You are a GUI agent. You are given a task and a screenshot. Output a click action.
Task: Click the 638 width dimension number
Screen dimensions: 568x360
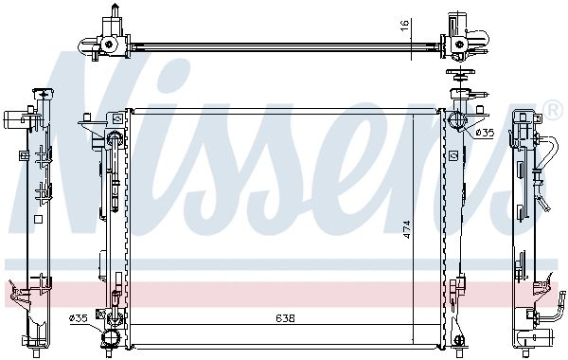point(285,318)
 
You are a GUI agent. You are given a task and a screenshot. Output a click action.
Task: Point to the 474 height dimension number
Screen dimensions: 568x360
point(406,229)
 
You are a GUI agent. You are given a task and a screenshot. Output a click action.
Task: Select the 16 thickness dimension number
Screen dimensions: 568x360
point(404,24)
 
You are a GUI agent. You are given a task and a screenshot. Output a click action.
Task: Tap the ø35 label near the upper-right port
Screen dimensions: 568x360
point(485,133)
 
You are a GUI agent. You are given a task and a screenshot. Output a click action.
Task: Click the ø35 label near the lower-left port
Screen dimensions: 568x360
point(79,318)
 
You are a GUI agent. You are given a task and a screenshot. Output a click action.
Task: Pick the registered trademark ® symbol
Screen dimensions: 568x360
point(553,111)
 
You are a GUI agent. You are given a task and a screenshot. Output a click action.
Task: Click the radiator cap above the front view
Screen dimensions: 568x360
point(459,75)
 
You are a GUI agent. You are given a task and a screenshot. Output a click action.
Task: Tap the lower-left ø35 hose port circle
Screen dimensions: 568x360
point(109,338)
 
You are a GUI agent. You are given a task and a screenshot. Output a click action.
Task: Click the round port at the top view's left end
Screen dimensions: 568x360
point(108,45)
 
